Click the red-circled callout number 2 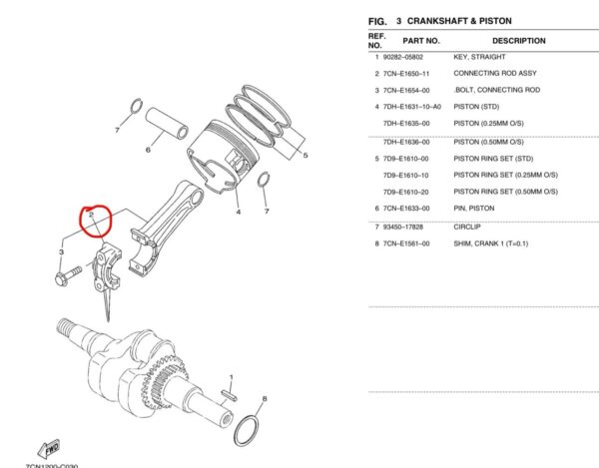91,214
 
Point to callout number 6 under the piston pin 148,151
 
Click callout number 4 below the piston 238,212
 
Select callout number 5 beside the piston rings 304,155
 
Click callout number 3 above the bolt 62,252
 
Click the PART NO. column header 419,41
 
